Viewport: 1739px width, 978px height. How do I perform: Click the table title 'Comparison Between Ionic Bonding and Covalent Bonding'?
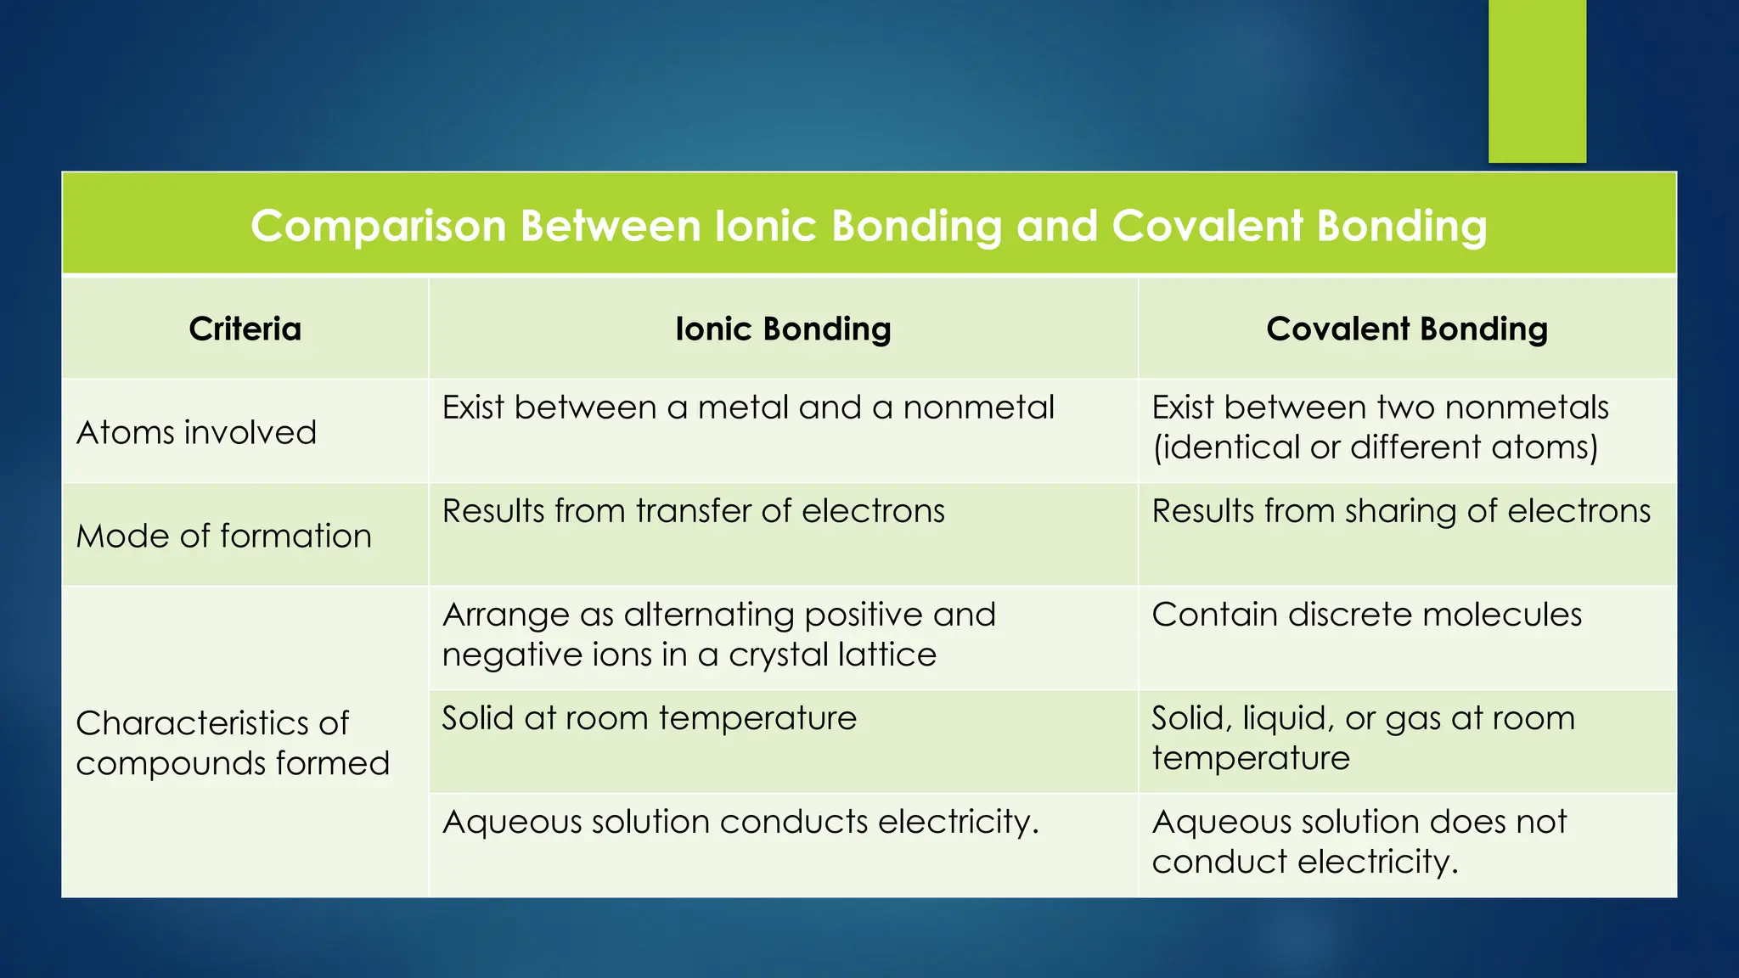[869, 227]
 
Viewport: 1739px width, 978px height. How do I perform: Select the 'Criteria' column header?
[245, 329]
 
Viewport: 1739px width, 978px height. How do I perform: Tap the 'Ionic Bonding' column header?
[783, 329]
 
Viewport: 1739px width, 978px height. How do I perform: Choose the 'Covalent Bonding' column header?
[1407, 329]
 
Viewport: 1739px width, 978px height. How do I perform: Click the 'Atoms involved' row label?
[196, 433]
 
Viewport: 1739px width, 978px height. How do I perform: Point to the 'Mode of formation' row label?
[224, 537]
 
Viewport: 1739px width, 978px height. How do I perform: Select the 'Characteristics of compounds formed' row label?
[232, 743]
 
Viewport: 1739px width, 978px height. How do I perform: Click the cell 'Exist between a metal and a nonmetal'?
[747, 408]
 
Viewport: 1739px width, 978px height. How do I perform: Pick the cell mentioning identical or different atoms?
[1379, 428]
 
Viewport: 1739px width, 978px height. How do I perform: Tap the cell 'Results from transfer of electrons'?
[693, 512]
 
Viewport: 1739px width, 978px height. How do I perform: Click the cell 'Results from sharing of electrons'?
[1401, 512]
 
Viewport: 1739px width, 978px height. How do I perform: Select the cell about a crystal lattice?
[718, 634]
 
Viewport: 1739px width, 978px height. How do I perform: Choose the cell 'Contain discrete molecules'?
[1366, 615]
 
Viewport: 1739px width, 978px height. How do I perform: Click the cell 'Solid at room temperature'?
[649, 719]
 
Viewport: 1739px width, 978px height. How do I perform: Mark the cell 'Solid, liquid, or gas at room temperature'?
[1362, 738]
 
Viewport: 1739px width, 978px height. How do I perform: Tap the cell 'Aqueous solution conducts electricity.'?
[740, 823]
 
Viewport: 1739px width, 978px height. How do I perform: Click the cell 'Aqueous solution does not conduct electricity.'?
[1359, 841]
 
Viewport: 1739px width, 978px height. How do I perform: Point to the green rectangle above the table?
[1537, 81]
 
